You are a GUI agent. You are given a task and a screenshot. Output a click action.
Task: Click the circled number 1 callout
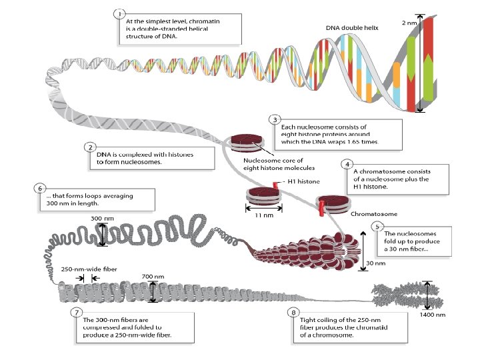(x=119, y=13)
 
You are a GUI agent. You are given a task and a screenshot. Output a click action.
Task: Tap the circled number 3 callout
(x=274, y=119)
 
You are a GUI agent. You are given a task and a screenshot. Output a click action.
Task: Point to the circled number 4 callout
(x=347, y=163)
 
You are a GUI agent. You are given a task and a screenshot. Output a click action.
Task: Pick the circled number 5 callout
(x=379, y=226)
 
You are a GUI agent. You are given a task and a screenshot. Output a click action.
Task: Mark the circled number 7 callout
(x=77, y=312)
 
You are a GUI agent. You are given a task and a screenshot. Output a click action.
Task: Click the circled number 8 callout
(x=294, y=312)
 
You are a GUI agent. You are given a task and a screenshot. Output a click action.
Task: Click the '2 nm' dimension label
(x=409, y=23)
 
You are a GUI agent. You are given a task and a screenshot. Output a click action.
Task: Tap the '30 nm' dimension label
(x=376, y=263)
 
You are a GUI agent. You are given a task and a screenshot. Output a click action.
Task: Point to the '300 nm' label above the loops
(x=101, y=219)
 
